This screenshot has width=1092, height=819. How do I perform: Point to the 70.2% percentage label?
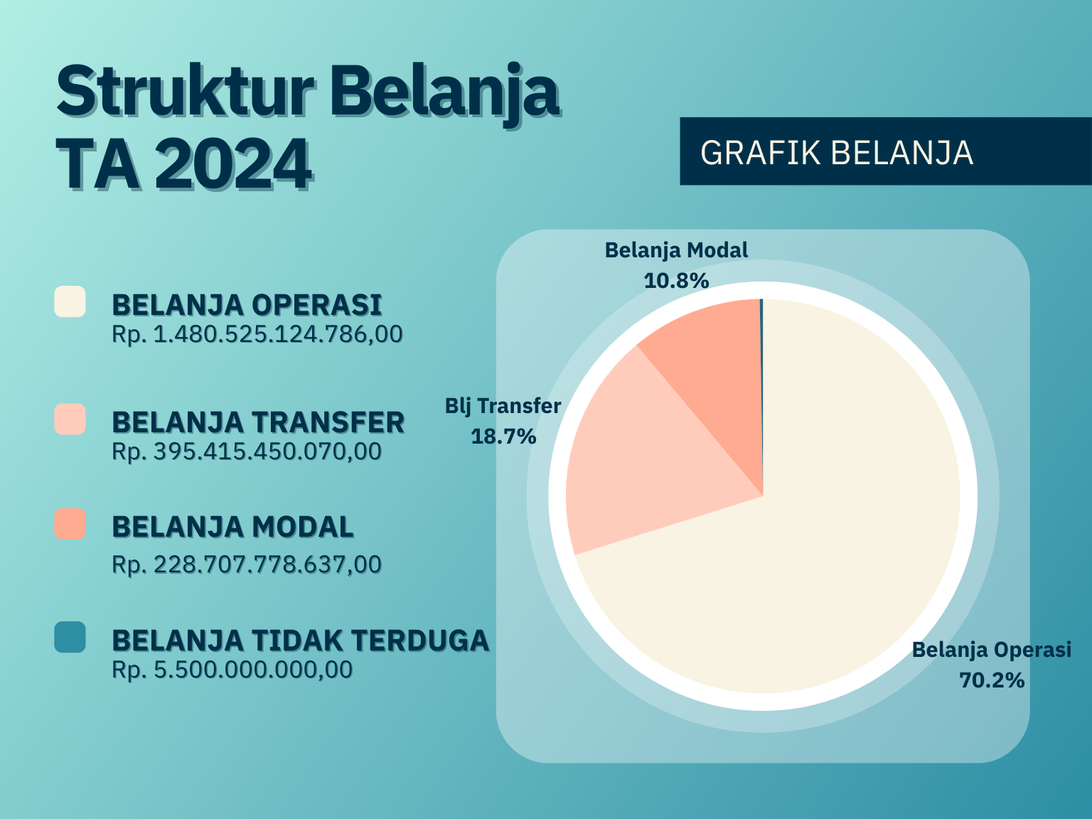click(992, 680)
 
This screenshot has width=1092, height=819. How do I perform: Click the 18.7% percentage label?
click(503, 437)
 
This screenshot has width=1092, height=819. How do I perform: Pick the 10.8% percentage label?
click(676, 281)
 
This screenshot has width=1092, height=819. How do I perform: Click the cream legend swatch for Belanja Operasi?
click(70, 301)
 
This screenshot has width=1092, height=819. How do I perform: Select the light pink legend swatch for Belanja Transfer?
click(70, 419)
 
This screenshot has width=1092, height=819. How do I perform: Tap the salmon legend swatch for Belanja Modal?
click(70, 524)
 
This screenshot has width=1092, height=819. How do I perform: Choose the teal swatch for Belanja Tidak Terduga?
click(70, 637)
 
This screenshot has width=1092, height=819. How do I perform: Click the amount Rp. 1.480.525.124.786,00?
click(257, 334)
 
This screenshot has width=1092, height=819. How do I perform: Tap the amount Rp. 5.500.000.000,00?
click(232, 670)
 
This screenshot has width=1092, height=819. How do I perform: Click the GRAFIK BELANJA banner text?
click(837, 153)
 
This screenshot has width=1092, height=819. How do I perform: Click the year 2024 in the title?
click(234, 164)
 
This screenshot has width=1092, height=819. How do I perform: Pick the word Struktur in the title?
click(185, 92)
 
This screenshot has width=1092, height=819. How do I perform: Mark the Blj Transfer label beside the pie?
click(503, 406)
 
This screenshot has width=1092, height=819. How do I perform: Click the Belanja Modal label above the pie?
click(676, 251)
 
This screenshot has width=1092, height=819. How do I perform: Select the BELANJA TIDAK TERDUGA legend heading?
click(301, 641)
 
